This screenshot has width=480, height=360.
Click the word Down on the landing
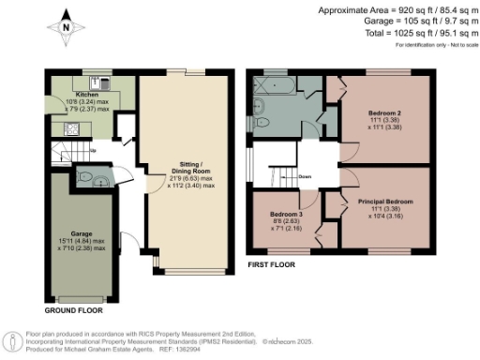[x=305, y=176]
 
